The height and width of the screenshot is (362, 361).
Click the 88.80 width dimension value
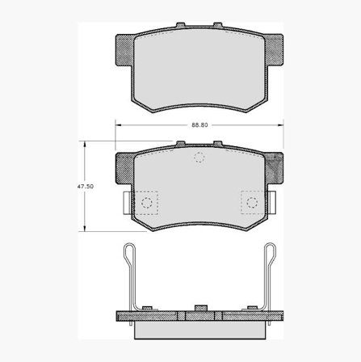point(199,125)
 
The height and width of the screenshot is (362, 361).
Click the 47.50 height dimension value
point(86,187)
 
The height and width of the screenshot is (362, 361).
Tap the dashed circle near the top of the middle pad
point(199,158)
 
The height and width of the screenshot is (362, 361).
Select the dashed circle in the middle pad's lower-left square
point(147,202)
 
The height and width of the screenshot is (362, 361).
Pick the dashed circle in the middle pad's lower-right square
point(252,202)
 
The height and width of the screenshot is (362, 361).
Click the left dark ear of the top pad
point(124,50)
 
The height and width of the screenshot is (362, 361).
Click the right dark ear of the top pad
point(274,50)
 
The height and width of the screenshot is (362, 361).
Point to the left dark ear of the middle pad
point(124,168)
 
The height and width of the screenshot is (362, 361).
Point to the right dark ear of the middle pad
point(274,168)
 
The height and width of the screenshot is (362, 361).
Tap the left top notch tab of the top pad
point(181,25)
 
